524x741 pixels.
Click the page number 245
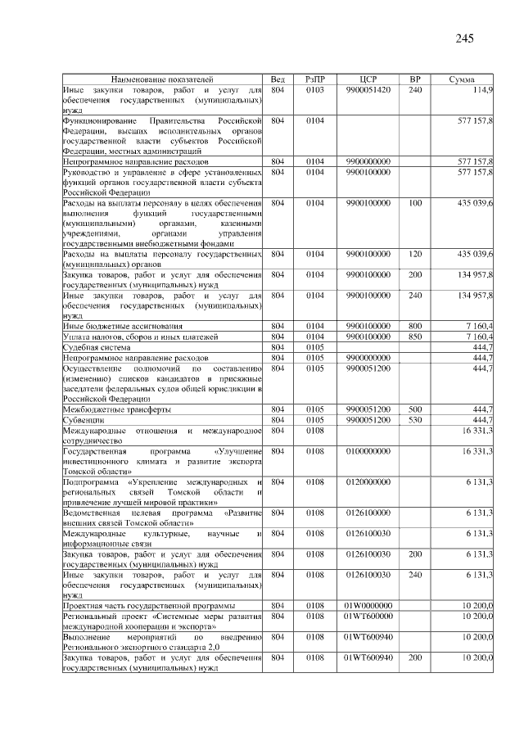click(x=465, y=38)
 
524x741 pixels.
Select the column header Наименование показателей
click(x=162, y=79)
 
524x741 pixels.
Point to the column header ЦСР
click(x=368, y=79)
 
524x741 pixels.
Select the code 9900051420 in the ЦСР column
click(x=368, y=89)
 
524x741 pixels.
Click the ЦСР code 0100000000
click(x=368, y=451)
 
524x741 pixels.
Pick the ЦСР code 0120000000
click(x=368, y=482)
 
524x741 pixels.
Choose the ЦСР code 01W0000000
click(x=368, y=605)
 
